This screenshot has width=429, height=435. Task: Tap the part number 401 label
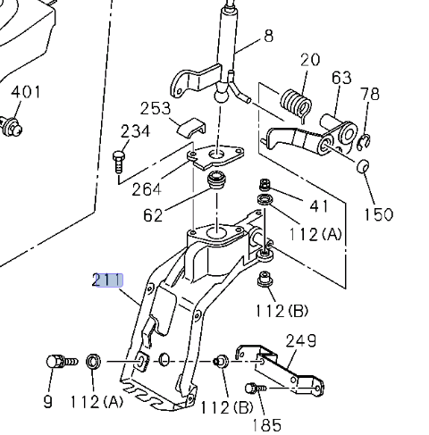26,91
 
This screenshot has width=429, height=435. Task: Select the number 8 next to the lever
267,37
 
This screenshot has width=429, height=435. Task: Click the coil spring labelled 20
293,104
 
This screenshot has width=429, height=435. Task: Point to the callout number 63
341,78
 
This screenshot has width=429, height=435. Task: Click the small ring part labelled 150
364,167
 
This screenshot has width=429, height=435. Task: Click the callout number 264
147,189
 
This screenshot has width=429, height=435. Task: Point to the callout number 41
318,207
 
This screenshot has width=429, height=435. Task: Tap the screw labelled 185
253,389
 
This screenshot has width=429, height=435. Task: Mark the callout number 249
301,340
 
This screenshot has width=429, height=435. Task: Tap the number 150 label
378,215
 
